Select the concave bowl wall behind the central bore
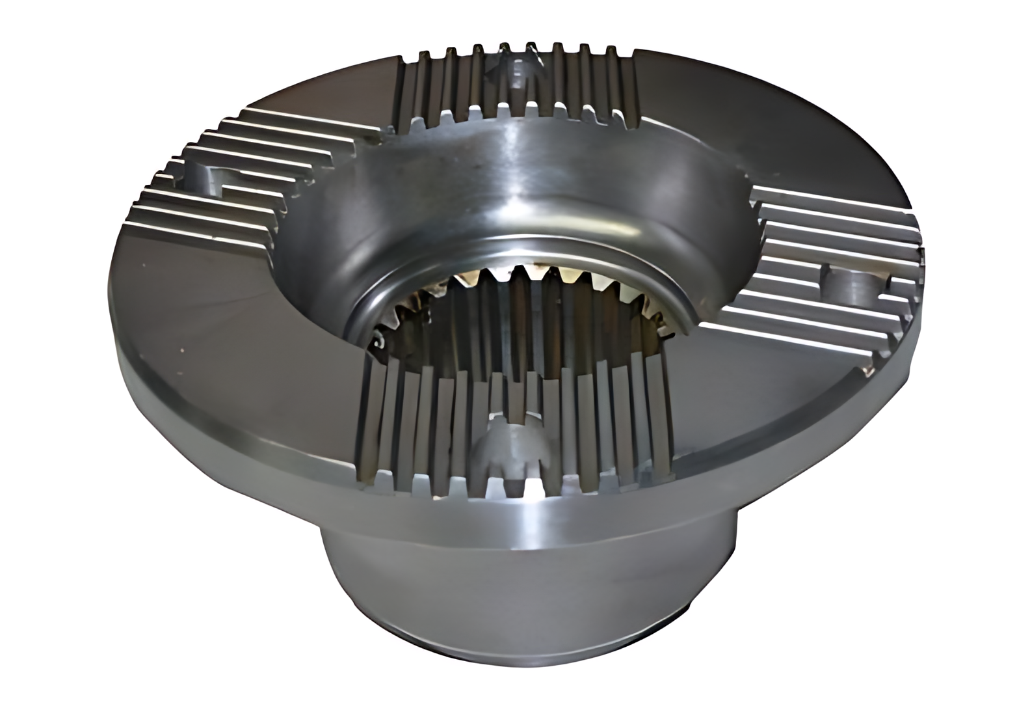click(520, 176)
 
